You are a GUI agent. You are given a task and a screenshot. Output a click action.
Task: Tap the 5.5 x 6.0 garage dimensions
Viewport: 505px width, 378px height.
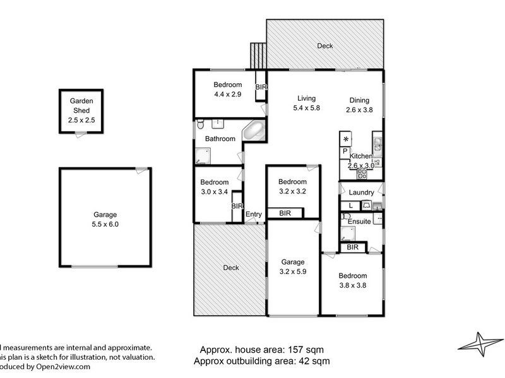(105, 224)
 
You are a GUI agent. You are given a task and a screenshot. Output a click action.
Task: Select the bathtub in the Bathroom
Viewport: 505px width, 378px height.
(254, 132)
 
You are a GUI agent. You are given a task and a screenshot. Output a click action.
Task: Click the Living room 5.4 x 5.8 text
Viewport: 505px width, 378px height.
(306, 108)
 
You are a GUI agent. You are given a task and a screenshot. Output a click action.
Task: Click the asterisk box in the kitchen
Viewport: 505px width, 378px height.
(345, 139)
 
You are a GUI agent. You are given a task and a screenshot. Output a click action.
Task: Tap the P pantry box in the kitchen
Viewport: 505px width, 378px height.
(345, 151)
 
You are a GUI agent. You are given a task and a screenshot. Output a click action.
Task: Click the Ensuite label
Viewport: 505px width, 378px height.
(359, 222)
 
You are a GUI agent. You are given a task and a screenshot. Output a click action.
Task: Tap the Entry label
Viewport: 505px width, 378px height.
(253, 214)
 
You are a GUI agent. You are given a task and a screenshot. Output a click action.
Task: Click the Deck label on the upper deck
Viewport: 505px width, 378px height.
(324, 46)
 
